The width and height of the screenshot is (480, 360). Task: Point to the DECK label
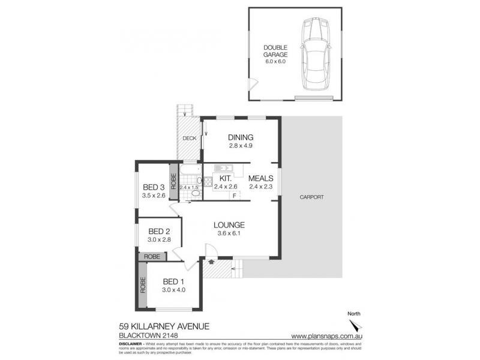coord(190,138)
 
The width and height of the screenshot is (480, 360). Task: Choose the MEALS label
coord(262,178)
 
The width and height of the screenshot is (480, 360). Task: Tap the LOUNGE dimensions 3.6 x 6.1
coord(228,234)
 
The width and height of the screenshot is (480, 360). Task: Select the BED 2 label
coord(160,232)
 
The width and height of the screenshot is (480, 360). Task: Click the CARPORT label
coord(312,196)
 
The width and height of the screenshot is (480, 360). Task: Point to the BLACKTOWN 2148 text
coord(143,336)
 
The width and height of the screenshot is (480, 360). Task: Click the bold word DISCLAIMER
coord(127,343)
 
